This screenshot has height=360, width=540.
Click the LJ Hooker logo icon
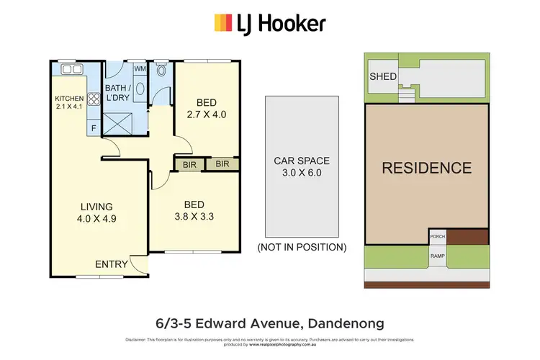(x=222, y=23)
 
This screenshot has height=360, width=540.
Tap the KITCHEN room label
(x=69, y=99)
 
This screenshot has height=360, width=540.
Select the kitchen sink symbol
(x=72, y=70)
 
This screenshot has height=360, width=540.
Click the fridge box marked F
(x=93, y=129)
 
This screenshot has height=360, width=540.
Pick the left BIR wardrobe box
(x=189, y=164)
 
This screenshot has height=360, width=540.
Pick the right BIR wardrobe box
(x=222, y=164)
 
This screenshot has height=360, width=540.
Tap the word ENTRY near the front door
(x=112, y=264)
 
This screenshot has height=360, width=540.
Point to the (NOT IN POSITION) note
(x=302, y=247)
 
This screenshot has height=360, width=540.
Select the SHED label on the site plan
(x=381, y=77)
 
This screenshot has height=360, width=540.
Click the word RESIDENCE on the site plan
(x=426, y=168)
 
